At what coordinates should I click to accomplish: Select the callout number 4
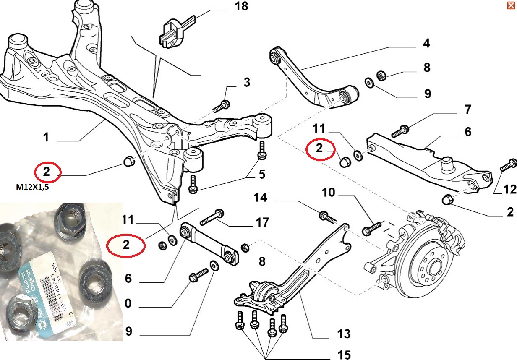point(426,43)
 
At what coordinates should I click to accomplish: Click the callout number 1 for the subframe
point(46,137)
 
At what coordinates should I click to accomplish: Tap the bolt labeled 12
point(508,165)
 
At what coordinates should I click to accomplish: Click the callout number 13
point(343,334)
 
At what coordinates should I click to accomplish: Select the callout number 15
point(343,355)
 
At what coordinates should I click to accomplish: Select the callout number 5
point(261,173)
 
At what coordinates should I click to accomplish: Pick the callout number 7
point(467,110)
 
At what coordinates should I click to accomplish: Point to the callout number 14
point(261,197)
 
